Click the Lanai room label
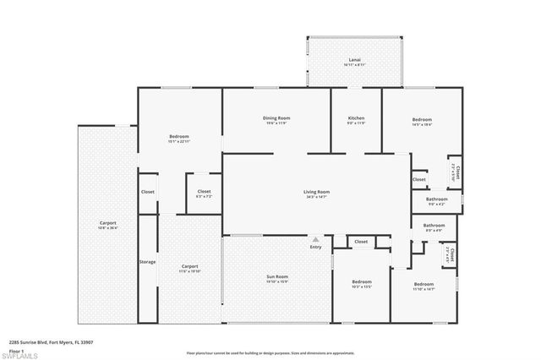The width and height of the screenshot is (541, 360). (x=354, y=61)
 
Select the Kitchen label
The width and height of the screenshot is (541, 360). (x=356, y=119)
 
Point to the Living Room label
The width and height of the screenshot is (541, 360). (x=317, y=193)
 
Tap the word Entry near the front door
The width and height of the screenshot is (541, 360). (x=316, y=247)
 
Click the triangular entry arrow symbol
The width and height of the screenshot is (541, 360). (x=316, y=238)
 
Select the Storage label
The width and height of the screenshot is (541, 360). (x=147, y=262)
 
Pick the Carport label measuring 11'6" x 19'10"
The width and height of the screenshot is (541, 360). (x=189, y=267)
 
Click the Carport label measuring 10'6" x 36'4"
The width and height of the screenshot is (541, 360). (x=107, y=224)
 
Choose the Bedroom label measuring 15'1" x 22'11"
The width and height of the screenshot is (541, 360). (x=178, y=137)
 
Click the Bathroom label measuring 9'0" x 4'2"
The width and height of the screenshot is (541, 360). (x=435, y=200)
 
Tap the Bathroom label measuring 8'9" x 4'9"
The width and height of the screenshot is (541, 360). (x=434, y=226)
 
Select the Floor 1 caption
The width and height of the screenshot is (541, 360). (x=15, y=351)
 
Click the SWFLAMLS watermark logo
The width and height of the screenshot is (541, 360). (x=24, y=356)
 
